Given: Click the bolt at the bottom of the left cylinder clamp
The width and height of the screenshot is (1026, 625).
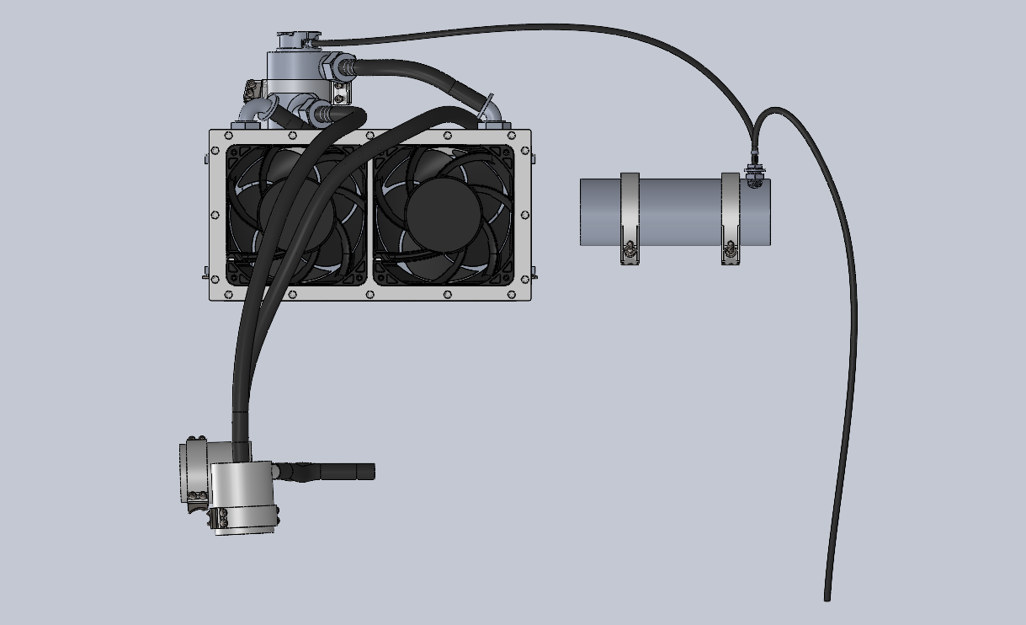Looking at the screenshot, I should pos(629,250).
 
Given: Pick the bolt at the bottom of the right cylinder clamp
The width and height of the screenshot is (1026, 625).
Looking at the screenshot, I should pos(729,250).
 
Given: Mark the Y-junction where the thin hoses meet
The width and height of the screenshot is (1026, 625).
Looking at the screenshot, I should pos(755,135).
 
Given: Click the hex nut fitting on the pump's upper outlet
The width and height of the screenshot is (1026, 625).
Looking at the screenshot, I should pos(342,65).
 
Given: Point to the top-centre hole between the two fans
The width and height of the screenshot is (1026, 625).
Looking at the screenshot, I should pos(369,134).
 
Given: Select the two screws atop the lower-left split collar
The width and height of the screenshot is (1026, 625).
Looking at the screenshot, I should pos(197,439).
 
